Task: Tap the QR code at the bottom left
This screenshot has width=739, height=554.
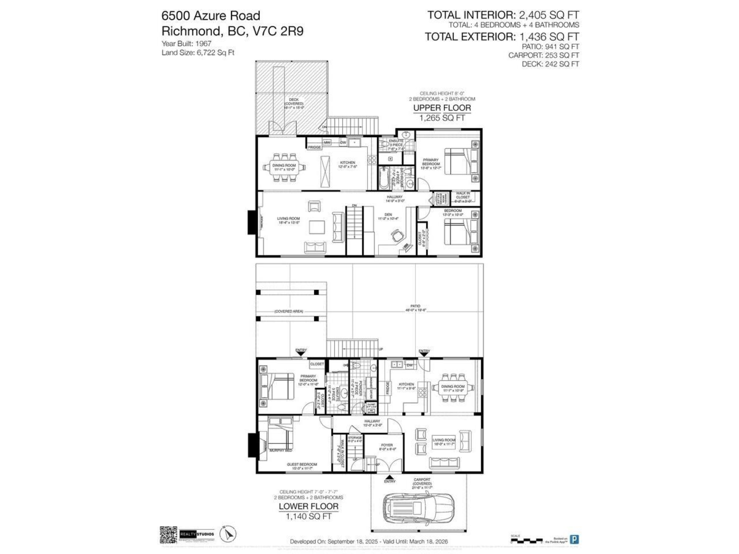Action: pyautogui.click(x=168, y=534)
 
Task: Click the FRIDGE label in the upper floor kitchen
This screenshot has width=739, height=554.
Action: pyautogui.click(x=314, y=148)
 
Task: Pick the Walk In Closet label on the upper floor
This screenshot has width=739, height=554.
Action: pyautogui.click(x=462, y=196)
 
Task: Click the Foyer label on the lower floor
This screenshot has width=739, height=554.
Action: pyautogui.click(x=387, y=445)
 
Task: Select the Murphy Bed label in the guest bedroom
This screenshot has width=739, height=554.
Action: pyautogui.click(x=280, y=451)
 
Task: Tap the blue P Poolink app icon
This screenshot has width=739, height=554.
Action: pyautogui.click(x=574, y=539)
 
